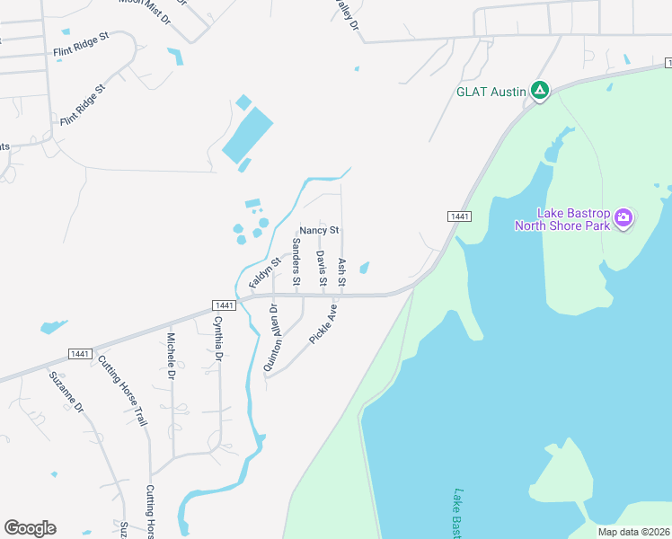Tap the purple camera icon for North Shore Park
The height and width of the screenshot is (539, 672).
624,217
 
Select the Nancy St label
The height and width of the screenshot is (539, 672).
319,231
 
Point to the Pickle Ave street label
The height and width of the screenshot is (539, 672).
323,325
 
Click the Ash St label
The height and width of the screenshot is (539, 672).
341,272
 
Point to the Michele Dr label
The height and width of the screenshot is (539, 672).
171,357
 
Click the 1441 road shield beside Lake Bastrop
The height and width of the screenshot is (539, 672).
459,216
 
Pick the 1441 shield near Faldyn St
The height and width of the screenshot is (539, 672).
225,305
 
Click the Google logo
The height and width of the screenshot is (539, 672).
30,528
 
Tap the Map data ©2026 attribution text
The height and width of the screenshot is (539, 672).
632,532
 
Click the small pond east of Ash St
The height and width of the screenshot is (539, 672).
364,267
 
